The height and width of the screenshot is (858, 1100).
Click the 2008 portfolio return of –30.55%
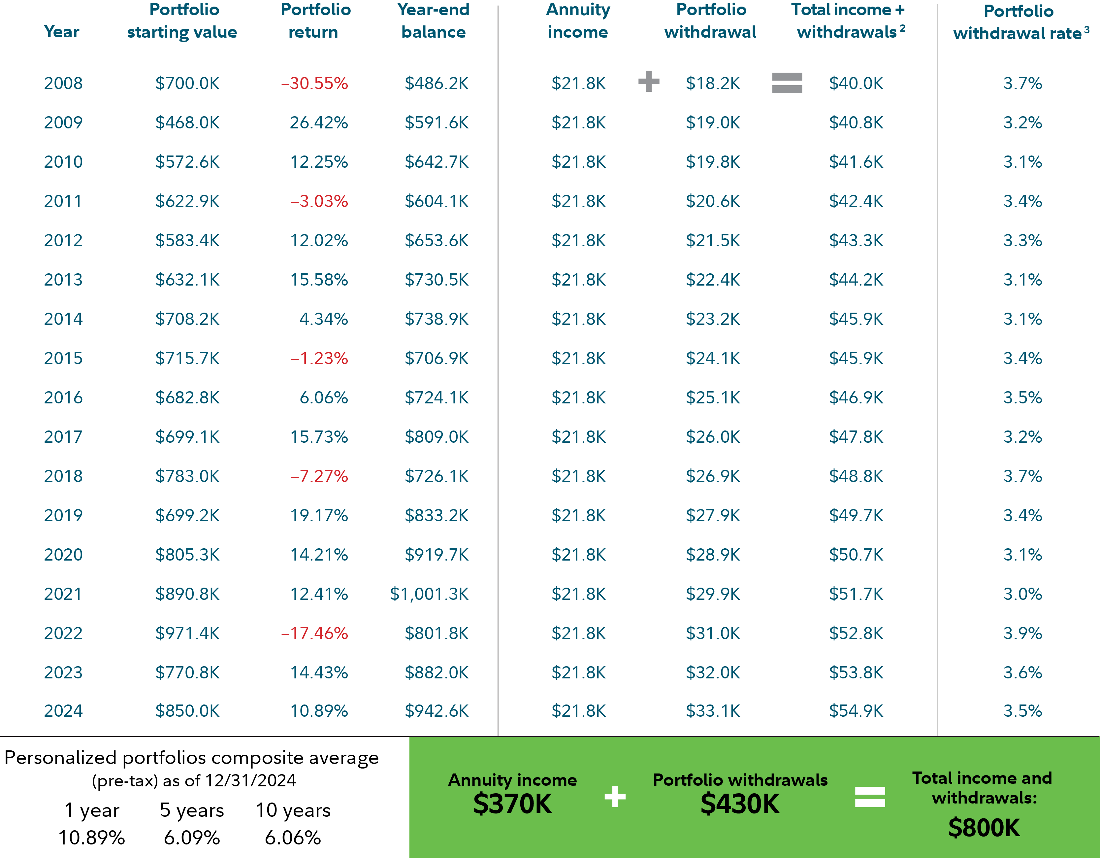click(x=314, y=83)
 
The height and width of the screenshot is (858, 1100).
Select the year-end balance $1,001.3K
click(x=429, y=594)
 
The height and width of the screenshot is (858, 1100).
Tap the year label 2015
click(x=63, y=358)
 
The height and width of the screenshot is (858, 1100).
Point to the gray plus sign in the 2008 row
click(x=649, y=82)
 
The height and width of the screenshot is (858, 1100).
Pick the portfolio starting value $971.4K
click(x=187, y=633)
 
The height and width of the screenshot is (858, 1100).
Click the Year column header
click(x=61, y=32)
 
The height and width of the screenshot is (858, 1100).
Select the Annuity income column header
click(x=578, y=21)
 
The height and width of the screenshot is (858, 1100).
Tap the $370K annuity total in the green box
click(x=512, y=804)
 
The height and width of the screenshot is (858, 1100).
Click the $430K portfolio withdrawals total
click(x=740, y=804)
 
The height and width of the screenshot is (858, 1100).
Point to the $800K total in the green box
click(x=984, y=828)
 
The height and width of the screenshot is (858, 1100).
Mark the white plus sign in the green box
click(x=615, y=797)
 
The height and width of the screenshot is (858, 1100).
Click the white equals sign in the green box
click(x=870, y=797)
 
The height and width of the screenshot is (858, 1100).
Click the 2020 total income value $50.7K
click(x=856, y=555)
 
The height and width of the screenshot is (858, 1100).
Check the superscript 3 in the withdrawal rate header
click(x=1086, y=30)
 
